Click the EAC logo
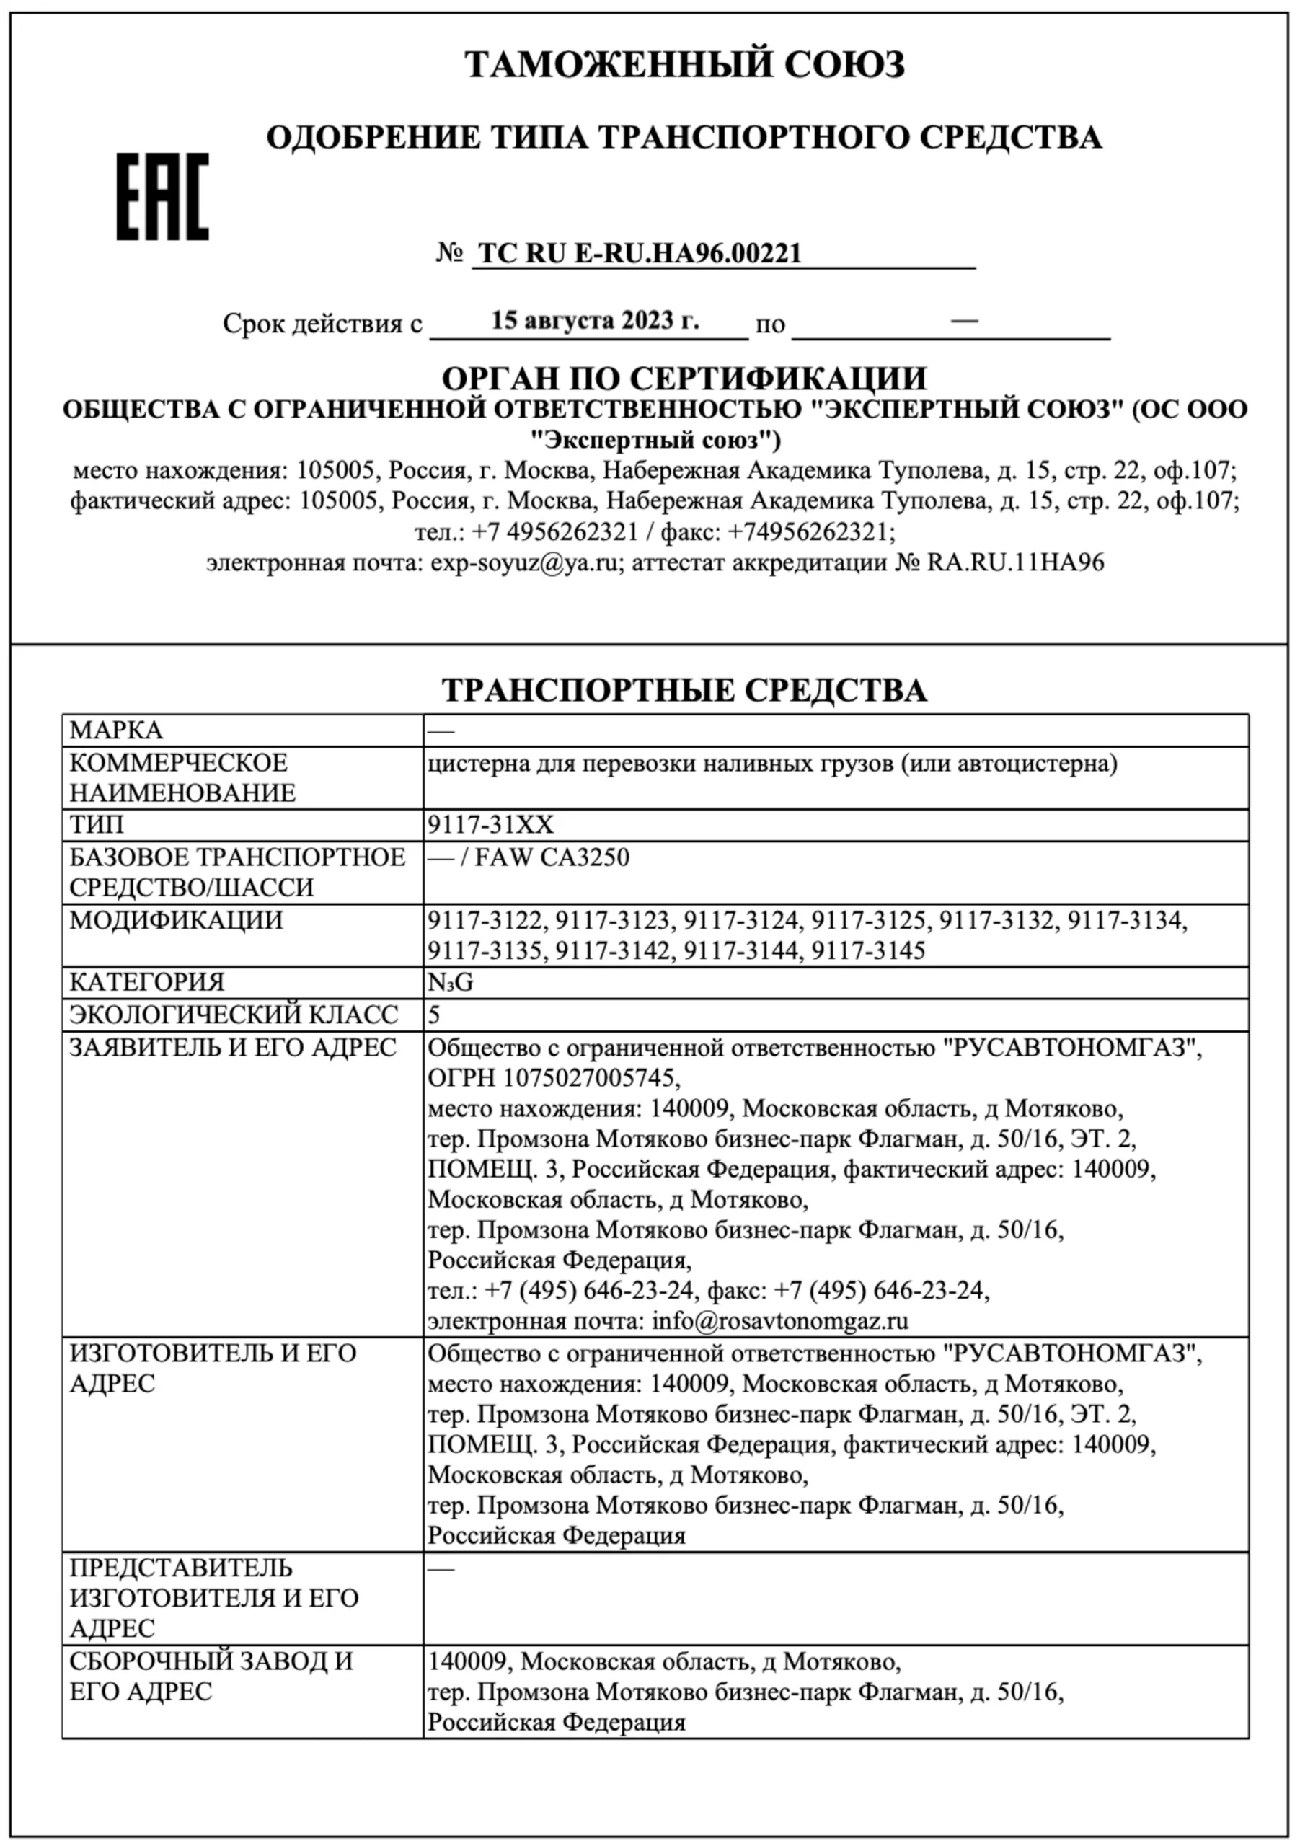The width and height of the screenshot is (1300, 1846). coord(162,196)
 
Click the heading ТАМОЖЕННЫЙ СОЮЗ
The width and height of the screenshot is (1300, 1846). coord(684,64)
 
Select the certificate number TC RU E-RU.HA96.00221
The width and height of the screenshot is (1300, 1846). coord(640,253)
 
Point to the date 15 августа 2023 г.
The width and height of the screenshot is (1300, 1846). coord(595,321)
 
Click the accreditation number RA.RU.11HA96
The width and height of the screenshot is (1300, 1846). coord(1015,562)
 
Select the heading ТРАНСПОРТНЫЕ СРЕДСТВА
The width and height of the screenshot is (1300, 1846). coord(684,691)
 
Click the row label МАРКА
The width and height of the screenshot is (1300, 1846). coord(117,730)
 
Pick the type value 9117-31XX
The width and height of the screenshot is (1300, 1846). coord(490,825)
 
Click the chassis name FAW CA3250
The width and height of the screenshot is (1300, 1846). coord(552,857)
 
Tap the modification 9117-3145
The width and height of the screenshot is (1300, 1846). coord(868,951)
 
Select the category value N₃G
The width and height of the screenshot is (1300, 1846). coord(450,983)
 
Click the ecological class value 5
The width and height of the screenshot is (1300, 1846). coord(434,1015)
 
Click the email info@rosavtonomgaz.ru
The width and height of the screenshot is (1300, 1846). coord(780,1320)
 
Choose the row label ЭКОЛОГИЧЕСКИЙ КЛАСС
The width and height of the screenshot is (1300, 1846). coord(233,1015)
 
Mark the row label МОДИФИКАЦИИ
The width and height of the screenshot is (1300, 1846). coord(176,920)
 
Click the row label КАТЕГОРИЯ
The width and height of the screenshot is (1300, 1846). coord(147,983)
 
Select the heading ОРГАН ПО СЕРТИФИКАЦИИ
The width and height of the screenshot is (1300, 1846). coord(684,378)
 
